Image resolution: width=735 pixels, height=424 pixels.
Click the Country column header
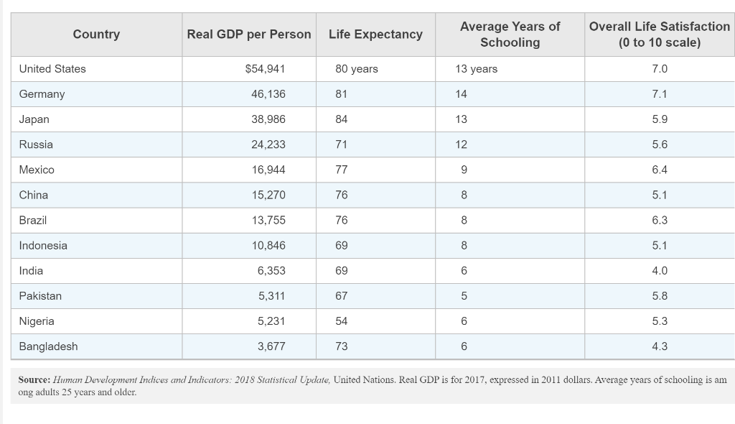(96, 34)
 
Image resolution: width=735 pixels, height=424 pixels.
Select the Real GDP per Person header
(249, 34)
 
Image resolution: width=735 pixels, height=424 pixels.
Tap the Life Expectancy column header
(375, 34)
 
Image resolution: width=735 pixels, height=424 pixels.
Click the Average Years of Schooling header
(510, 34)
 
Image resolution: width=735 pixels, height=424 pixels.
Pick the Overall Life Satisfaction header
(659, 34)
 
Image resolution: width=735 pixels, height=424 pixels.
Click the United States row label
(52, 69)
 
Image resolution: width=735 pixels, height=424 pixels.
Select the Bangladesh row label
(48, 346)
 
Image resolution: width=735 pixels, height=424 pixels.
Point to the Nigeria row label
(37, 321)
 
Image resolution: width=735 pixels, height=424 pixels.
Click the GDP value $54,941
(265, 69)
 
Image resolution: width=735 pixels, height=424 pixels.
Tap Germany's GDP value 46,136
(268, 94)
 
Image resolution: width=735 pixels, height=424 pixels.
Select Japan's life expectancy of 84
(342, 119)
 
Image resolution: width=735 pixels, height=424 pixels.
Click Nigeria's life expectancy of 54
(342, 321)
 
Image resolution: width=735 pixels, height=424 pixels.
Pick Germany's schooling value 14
(461, 94)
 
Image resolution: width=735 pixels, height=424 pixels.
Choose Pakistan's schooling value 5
(464, 296)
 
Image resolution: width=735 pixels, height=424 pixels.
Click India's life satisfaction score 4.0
(660, 271)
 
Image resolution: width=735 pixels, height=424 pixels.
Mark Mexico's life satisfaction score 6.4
(660, 170)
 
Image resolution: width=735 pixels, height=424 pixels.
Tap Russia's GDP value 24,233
(268, 144)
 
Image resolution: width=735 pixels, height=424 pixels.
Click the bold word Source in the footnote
(34, 379)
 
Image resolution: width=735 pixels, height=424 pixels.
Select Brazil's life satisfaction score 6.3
(660, 220)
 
